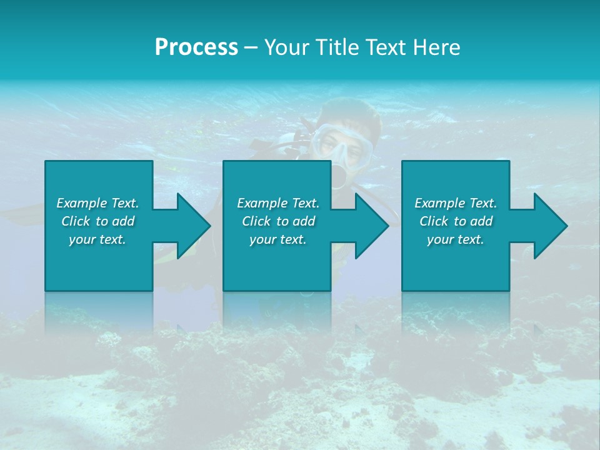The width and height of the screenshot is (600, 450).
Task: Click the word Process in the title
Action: pos(196,47)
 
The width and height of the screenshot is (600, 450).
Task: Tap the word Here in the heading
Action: pos(437,47)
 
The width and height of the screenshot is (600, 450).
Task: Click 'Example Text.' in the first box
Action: pos(97,203)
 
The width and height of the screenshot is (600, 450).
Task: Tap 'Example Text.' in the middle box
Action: pos(278,203)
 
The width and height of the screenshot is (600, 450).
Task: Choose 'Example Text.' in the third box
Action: pos(456,203)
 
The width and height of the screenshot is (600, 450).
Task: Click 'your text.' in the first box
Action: pos(97,239)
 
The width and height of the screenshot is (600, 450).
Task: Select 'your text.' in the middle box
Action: pos(278,239)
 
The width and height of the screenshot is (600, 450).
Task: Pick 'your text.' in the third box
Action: pos(456,239)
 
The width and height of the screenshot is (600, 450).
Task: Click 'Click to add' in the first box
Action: pos(97,221)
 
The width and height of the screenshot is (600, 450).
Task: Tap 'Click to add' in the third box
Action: pos(456,221)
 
